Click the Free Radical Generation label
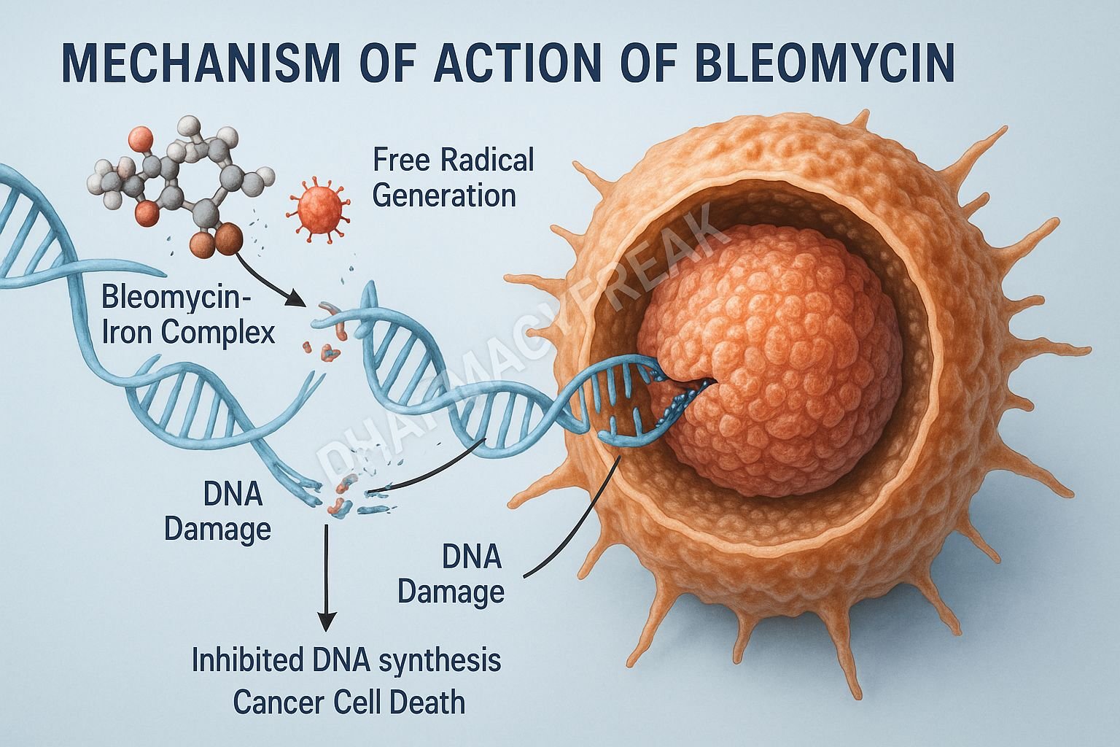click(x=453, y=177)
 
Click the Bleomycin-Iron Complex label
click(x=188, y=315)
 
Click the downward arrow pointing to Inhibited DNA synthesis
click(x=327, y=576)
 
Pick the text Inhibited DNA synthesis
click(x=346, y=660)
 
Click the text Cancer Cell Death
click(x=349, y=703)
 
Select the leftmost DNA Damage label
click(x=217, y=511)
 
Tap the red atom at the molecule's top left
click(x=139, y=137)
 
